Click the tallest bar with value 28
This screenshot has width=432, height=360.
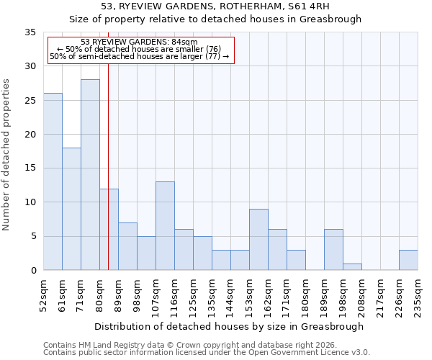point(90,175)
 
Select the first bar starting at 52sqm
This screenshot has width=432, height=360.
point(53,181)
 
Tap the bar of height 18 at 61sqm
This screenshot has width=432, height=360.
point(71,209)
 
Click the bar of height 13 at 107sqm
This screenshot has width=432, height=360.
point(165,226)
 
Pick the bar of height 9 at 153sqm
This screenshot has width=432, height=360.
point(258,240)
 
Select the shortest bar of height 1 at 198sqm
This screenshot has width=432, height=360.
point(352,267)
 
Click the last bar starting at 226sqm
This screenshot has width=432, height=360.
point(408,260)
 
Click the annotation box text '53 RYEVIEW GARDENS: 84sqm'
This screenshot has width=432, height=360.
point(139,42)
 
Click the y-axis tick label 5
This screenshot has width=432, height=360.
point(32,237)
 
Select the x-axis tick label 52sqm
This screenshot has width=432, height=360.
point(44,294)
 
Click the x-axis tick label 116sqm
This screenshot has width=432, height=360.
point(175,296)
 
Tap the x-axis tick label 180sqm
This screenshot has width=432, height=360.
point(306,296)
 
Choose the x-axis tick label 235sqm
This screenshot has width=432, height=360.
point(418,296)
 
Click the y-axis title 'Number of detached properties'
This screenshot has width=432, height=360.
point(7,155)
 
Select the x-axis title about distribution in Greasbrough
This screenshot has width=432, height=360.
point(229,326)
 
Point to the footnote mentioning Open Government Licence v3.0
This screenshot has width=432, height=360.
point(207,353)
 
